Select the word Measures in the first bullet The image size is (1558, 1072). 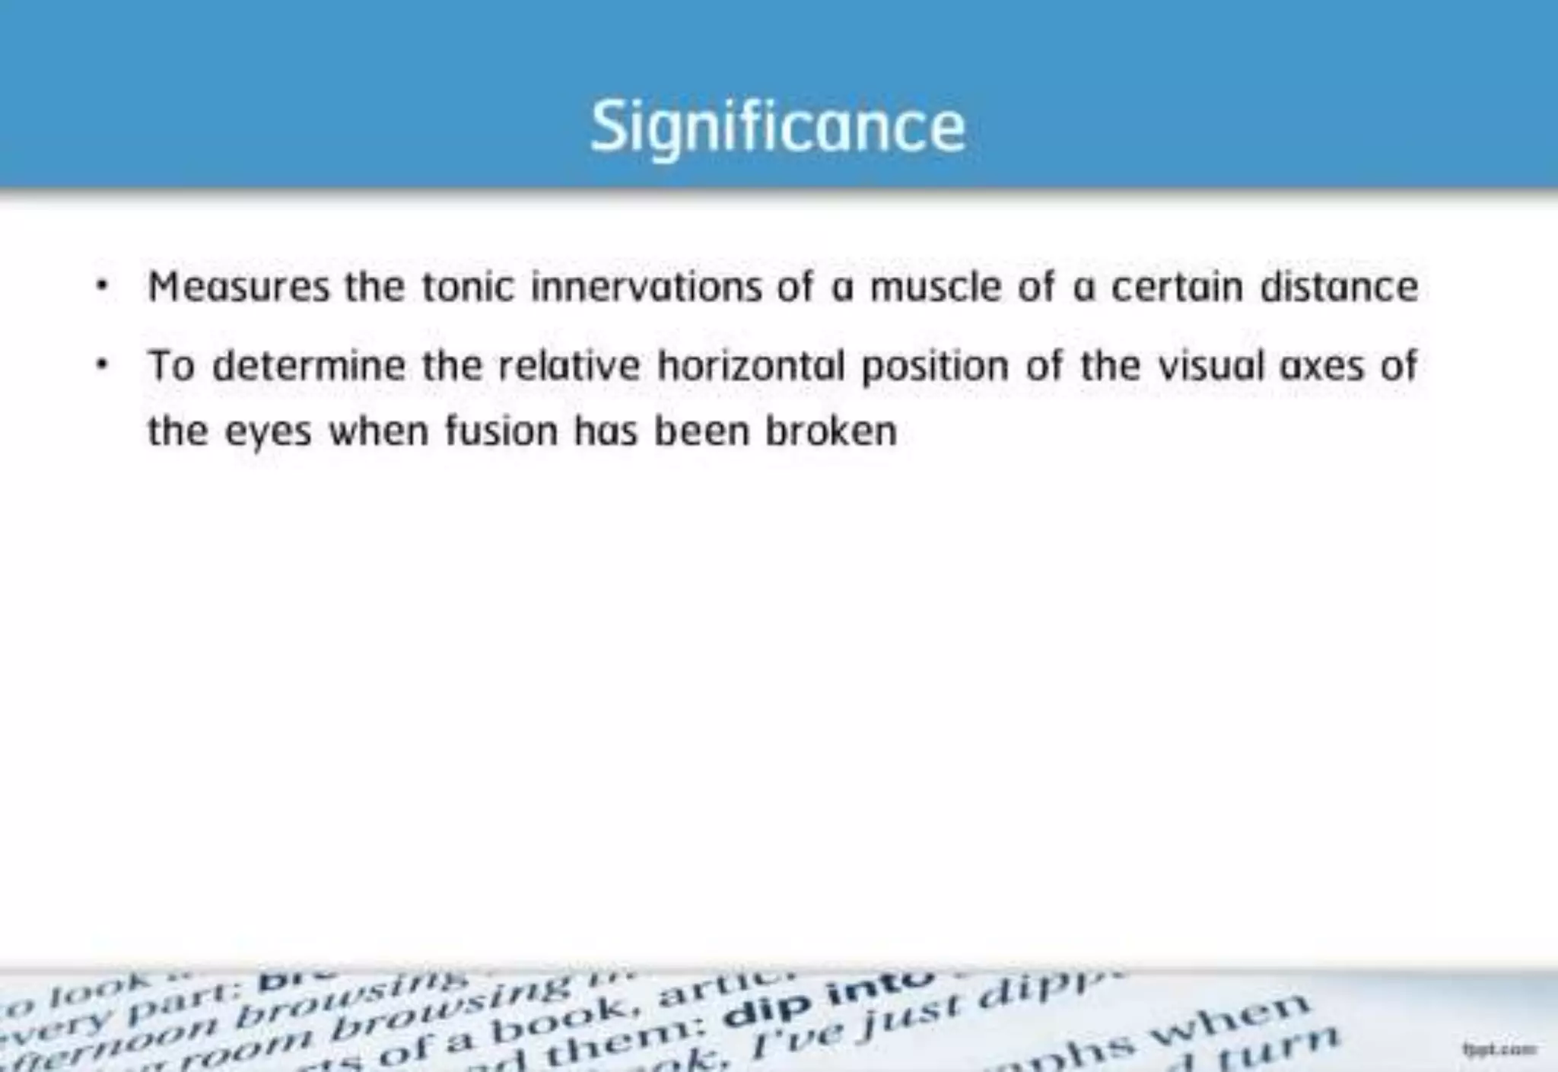click(239, 288)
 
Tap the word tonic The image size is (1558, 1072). click(468, 288)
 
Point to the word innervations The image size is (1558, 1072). click(646, 288)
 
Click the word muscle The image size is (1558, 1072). click(935, 288)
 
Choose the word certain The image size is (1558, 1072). click(1178, 288)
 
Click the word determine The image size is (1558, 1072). click(309, 366)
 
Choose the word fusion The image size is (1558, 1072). click(501, 431)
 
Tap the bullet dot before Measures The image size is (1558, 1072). click(102, 288)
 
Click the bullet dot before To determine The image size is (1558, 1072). click(102, 366)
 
